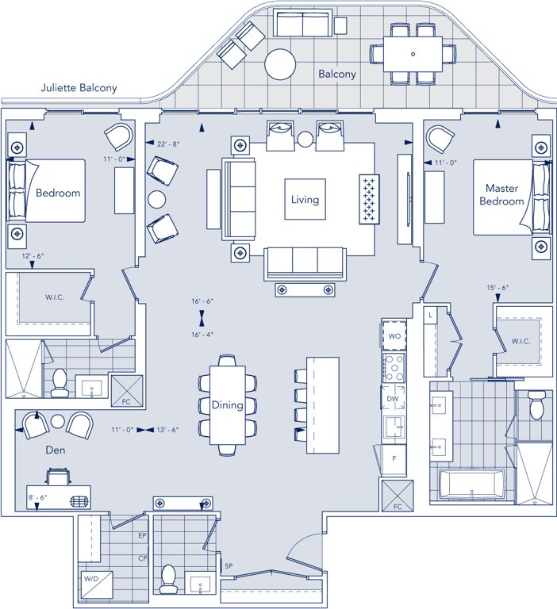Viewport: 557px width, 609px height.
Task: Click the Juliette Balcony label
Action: (x=79, y=88)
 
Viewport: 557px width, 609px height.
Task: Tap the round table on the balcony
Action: (x=280, y=64)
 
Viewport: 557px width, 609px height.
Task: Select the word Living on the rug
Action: (x=305, y=200)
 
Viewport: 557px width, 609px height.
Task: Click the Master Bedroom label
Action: (x=501, y=194)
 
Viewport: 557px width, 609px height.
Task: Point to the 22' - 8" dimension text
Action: (x=168, y=144)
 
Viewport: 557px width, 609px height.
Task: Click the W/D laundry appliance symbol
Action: (x=96, y=584)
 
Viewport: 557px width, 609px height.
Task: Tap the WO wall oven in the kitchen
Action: (x=394, y=335)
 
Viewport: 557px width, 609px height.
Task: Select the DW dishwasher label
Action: (x=393, y=399)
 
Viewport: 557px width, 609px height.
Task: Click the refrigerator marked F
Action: (x=394, y=459)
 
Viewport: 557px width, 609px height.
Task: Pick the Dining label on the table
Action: (x=228, y=405)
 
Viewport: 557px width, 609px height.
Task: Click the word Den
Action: (x=56, y=450)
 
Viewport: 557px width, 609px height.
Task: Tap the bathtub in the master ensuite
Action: (x=471, y=485)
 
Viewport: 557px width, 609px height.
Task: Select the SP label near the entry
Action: (x=229, y=566)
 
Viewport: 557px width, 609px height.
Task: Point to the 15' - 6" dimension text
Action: (x=498, y=288)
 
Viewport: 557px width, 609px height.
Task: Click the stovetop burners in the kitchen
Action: (x=394, y=367)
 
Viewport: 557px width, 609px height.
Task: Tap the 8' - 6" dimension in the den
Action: (x=38, y=497)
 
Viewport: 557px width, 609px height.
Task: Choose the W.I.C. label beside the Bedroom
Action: (x=55, y=297)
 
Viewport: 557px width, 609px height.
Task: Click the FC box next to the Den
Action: (x=127, y=391)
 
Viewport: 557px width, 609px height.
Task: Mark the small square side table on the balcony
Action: (x=340, y=26)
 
